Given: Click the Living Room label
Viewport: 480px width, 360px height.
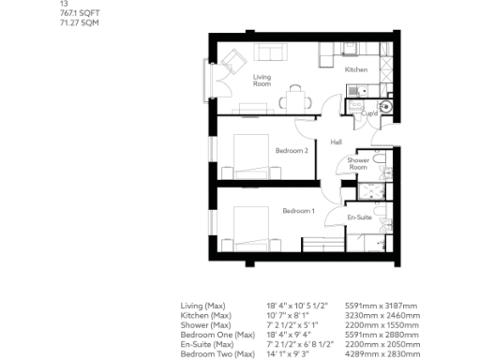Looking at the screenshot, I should pos(262,81).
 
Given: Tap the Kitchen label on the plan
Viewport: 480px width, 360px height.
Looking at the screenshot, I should pos(355,70).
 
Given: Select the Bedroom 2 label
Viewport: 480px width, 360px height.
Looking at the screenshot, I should pos(292,150).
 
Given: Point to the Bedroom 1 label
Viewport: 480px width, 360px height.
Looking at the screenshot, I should pos(298,211).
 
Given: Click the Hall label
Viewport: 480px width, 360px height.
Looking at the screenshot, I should pos(336,142).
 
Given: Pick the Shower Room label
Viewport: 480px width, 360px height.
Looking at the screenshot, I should pos(358,164).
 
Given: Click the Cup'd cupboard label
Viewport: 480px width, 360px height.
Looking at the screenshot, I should pos(369,113).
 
